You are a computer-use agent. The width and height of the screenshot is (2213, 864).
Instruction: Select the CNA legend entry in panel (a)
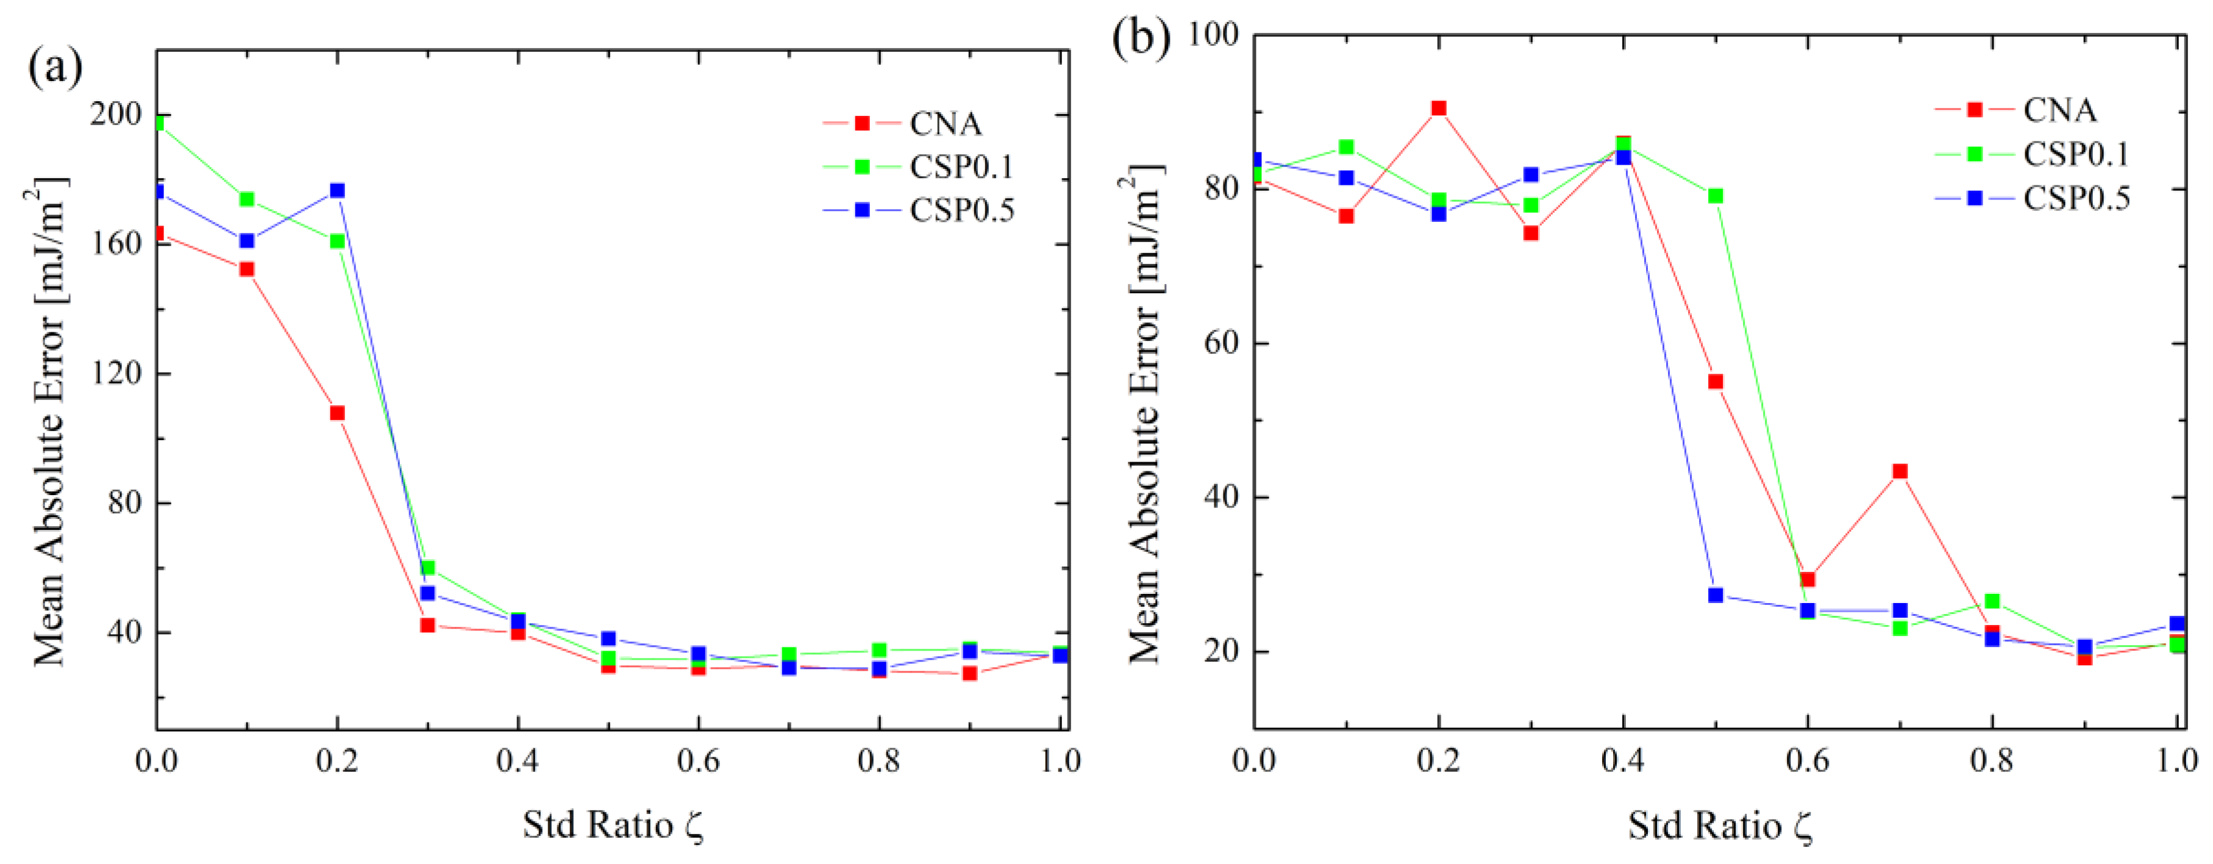[x=945, y=124]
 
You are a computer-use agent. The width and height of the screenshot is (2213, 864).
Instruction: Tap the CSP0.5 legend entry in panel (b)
[x=2076, y=198]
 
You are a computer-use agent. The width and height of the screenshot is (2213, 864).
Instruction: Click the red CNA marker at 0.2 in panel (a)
[x=337, y=413]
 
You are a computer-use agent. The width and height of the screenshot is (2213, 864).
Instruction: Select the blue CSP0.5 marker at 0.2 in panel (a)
[x=337, y=191]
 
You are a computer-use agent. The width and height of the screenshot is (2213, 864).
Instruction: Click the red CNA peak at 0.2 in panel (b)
[x=1438, y=108]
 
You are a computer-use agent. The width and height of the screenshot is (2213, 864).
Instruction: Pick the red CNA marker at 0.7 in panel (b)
[x=1900, y=471]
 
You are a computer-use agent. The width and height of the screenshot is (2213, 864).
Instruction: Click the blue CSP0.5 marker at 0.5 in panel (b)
[x=1716, y=595]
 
